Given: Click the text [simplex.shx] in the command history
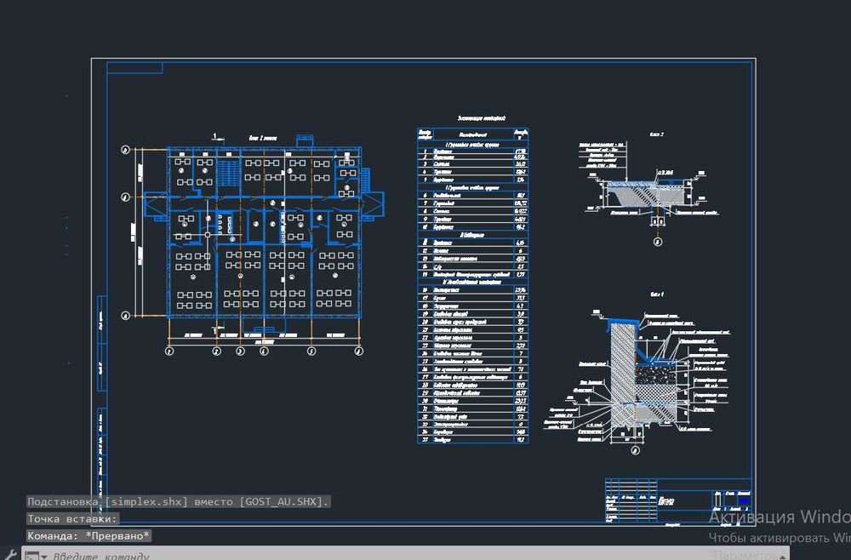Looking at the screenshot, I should pyautogui.click(x=146, y=502).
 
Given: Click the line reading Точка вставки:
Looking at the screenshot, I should pyautogui.click(x=72, y=519).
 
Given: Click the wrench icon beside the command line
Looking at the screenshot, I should pyautogui.click(x=10, y=553).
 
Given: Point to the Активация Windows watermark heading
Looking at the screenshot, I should pyautogui.click(x=779, y=517).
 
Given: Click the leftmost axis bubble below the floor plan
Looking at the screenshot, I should pyautogui.click(x=168, y=351).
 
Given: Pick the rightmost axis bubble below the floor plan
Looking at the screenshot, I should pyautogui.click(x=357, y=351).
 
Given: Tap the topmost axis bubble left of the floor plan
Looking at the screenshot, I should pyautogui.click(x=126, y=151).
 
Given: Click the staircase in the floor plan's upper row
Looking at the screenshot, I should pyautogui.click(x=228, y=170).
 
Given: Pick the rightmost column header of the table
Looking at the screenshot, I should pyautogui.click(x=521, y=134).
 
